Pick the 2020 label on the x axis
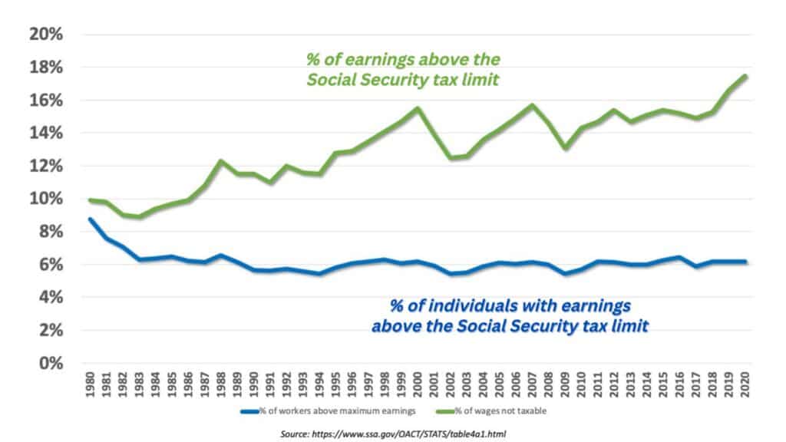pyautogui.click(x=745, y=386)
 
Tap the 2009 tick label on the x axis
pyautogui.click(x=566, y=386)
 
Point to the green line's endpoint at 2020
pyautogui.click(x=745, y=76)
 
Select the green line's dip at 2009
pyautogui.click(x=566, y=147)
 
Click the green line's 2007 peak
pyautogui.click(x=533, y=105)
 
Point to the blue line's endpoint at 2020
pyautogui.click(x=745, y=262)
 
